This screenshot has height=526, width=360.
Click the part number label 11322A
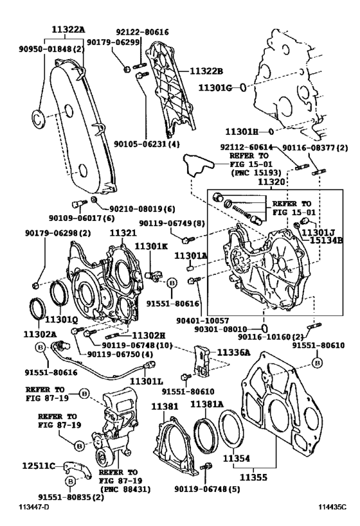point(68,30)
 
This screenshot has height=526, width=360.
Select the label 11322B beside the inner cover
point(206,71)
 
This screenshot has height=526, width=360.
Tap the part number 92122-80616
point(142,32)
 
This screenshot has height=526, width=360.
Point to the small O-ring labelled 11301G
point(243,87)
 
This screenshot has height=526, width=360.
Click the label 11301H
point(242,132)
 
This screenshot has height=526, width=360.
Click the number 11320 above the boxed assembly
point(271,182)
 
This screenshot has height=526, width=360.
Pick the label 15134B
point(326,240)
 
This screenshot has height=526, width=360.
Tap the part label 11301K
point(151,246)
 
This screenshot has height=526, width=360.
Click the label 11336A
point(234,352)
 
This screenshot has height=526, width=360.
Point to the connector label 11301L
point(147,381)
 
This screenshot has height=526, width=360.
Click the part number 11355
point(253,477)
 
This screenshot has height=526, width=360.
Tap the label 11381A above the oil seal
point(206,404)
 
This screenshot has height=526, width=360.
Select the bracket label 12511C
point(39,466)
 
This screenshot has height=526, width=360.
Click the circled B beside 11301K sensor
point(171,283)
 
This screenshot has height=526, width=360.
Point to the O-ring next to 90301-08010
point(265,328)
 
